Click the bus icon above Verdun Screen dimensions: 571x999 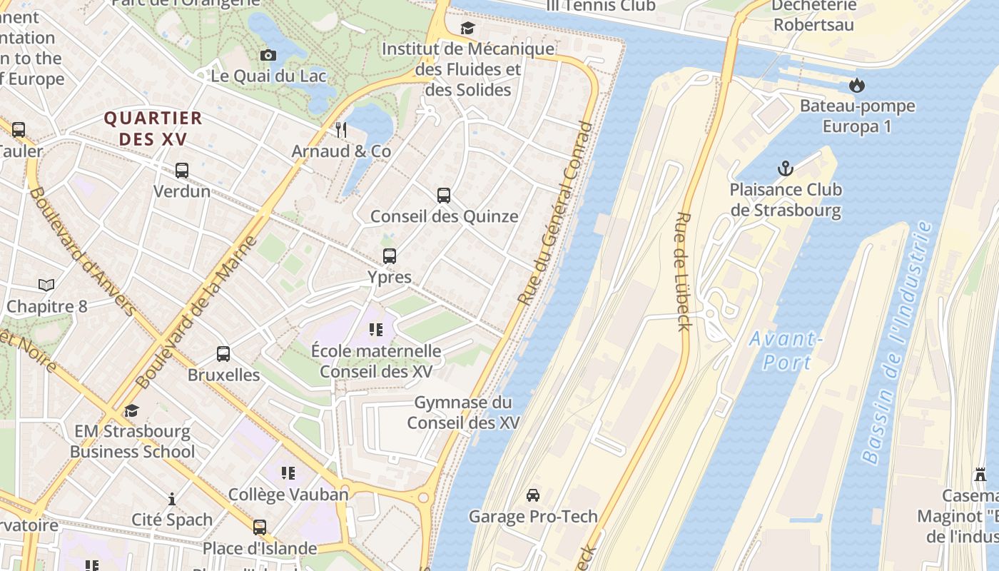pyautogui.click(x=182, y=171)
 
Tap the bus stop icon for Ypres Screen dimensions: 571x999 pyautogui.click(x=389, y=256)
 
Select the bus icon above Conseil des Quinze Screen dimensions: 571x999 pyautogui.click(x=444, y=196)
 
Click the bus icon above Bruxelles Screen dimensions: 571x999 pyautogui.click(x=223, y=354)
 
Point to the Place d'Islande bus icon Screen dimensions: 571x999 pyautogui.click(x=260, y=527)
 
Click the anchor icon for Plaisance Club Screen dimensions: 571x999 pyautogui.click(x=785, y=169)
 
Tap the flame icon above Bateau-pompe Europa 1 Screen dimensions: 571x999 pyautogui.click(x=856, y=86)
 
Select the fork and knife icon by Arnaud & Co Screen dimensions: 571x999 pyautogui.click(x=341, y=130)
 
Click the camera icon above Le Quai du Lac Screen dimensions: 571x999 pyautogui.click(x=268, y=56)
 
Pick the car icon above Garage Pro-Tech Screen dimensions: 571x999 pyautogui.click(x=532, y=495)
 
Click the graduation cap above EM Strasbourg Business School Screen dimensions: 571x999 pyautogui.click(x=131, y=410)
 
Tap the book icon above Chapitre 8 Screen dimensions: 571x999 pyautogui.click(x=46, y=285)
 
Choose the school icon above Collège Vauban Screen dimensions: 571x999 pyautogui.click(x=288, y=473)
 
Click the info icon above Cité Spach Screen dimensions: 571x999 pyautogui.click(x=171, y=499)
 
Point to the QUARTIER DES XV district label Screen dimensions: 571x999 pyautogui.click(x=153, y=128)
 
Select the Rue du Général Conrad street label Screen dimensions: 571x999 pyautogui.click(x=556, y=214)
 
